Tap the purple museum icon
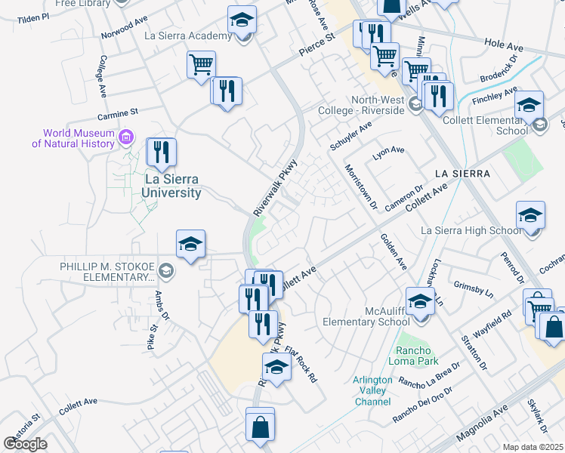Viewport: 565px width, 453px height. tap(126, 137)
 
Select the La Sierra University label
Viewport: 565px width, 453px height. tap(173, 186)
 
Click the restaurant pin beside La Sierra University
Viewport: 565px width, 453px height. tap(162, 153)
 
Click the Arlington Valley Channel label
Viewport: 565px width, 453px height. tap(372, 390)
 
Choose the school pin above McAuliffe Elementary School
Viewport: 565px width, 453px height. tap(420, 301)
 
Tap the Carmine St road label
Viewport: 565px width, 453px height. tap(118, 114)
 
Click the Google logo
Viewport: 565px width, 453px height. tap(25, 444)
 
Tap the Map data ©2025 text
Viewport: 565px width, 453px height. tap(533, 447)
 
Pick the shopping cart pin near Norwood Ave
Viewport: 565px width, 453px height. tap(201, 65)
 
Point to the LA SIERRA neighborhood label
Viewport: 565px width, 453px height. tap(462, 174)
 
